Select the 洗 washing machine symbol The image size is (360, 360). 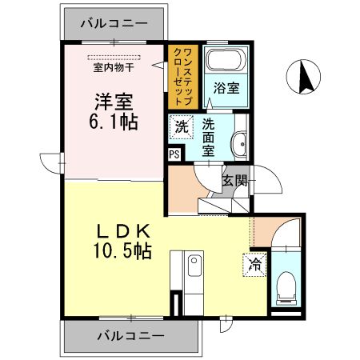(x=182, y=127)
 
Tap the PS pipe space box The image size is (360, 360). (x=174, y=155)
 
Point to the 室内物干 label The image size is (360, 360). (x=113, y=67)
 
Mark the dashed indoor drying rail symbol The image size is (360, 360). (x=113, y=56)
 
